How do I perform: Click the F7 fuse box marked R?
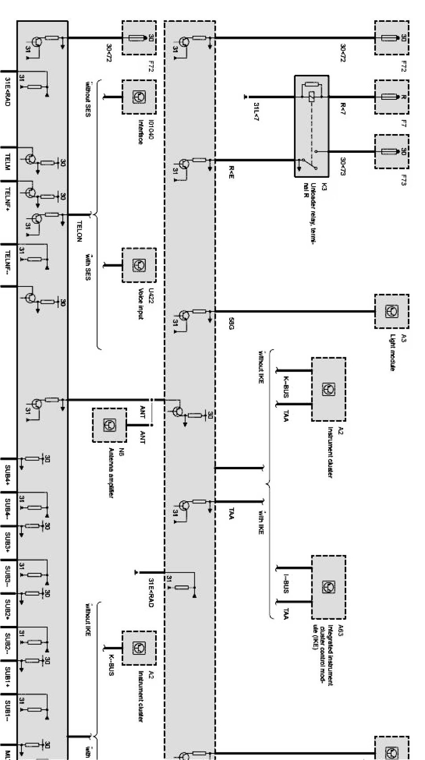tap(391, 97)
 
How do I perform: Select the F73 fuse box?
tap(391, 152)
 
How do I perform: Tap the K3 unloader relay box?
tap(312, 126)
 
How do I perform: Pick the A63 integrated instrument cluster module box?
tap(328, 587)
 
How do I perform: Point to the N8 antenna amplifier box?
tap(109, 425)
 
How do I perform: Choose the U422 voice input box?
tap(139, 265)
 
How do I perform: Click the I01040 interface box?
tap(139, 97)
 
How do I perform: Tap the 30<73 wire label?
tap(342, 166)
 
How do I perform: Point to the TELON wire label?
tap(79, 231)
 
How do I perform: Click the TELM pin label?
tap(8, 163)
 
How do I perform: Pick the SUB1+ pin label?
tap(8, 677)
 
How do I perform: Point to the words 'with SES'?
tap(87, 266)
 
